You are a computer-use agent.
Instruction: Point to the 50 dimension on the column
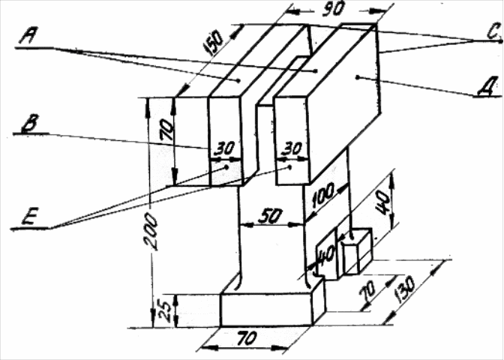(268, 215)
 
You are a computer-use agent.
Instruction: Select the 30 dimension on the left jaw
(223, 148)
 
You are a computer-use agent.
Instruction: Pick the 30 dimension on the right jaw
(289, 148)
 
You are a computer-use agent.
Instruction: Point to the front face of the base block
(265, 309)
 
